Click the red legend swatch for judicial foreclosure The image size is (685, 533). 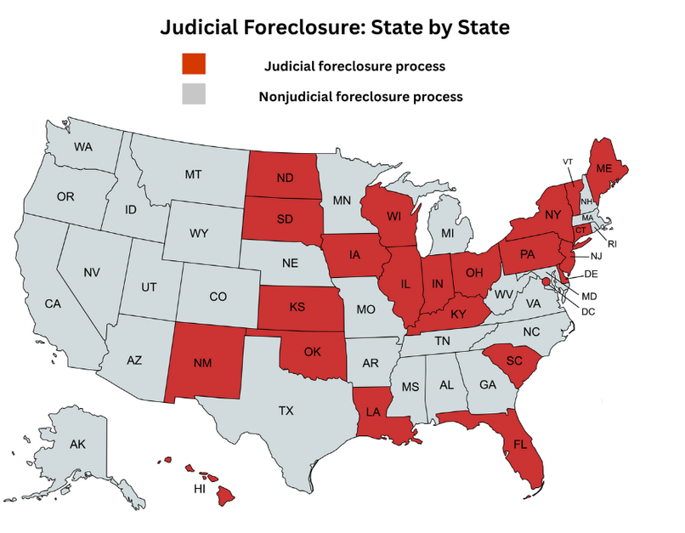click(193, 65)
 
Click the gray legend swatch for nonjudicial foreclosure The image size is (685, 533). click(193, 94)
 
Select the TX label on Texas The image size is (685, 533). click(286, 411)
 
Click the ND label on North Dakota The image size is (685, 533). click(284, 179)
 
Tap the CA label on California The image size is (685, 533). click(53, 303)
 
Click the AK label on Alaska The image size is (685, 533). click(77, 444)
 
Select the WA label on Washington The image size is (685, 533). click(82, 147)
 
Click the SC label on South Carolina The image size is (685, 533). click(512, 360)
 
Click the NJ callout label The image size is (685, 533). click(596, 256)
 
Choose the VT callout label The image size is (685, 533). click(568, 162)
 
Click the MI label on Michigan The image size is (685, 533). click(447, 232)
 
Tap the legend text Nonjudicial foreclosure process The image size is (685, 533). click(360, 97)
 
